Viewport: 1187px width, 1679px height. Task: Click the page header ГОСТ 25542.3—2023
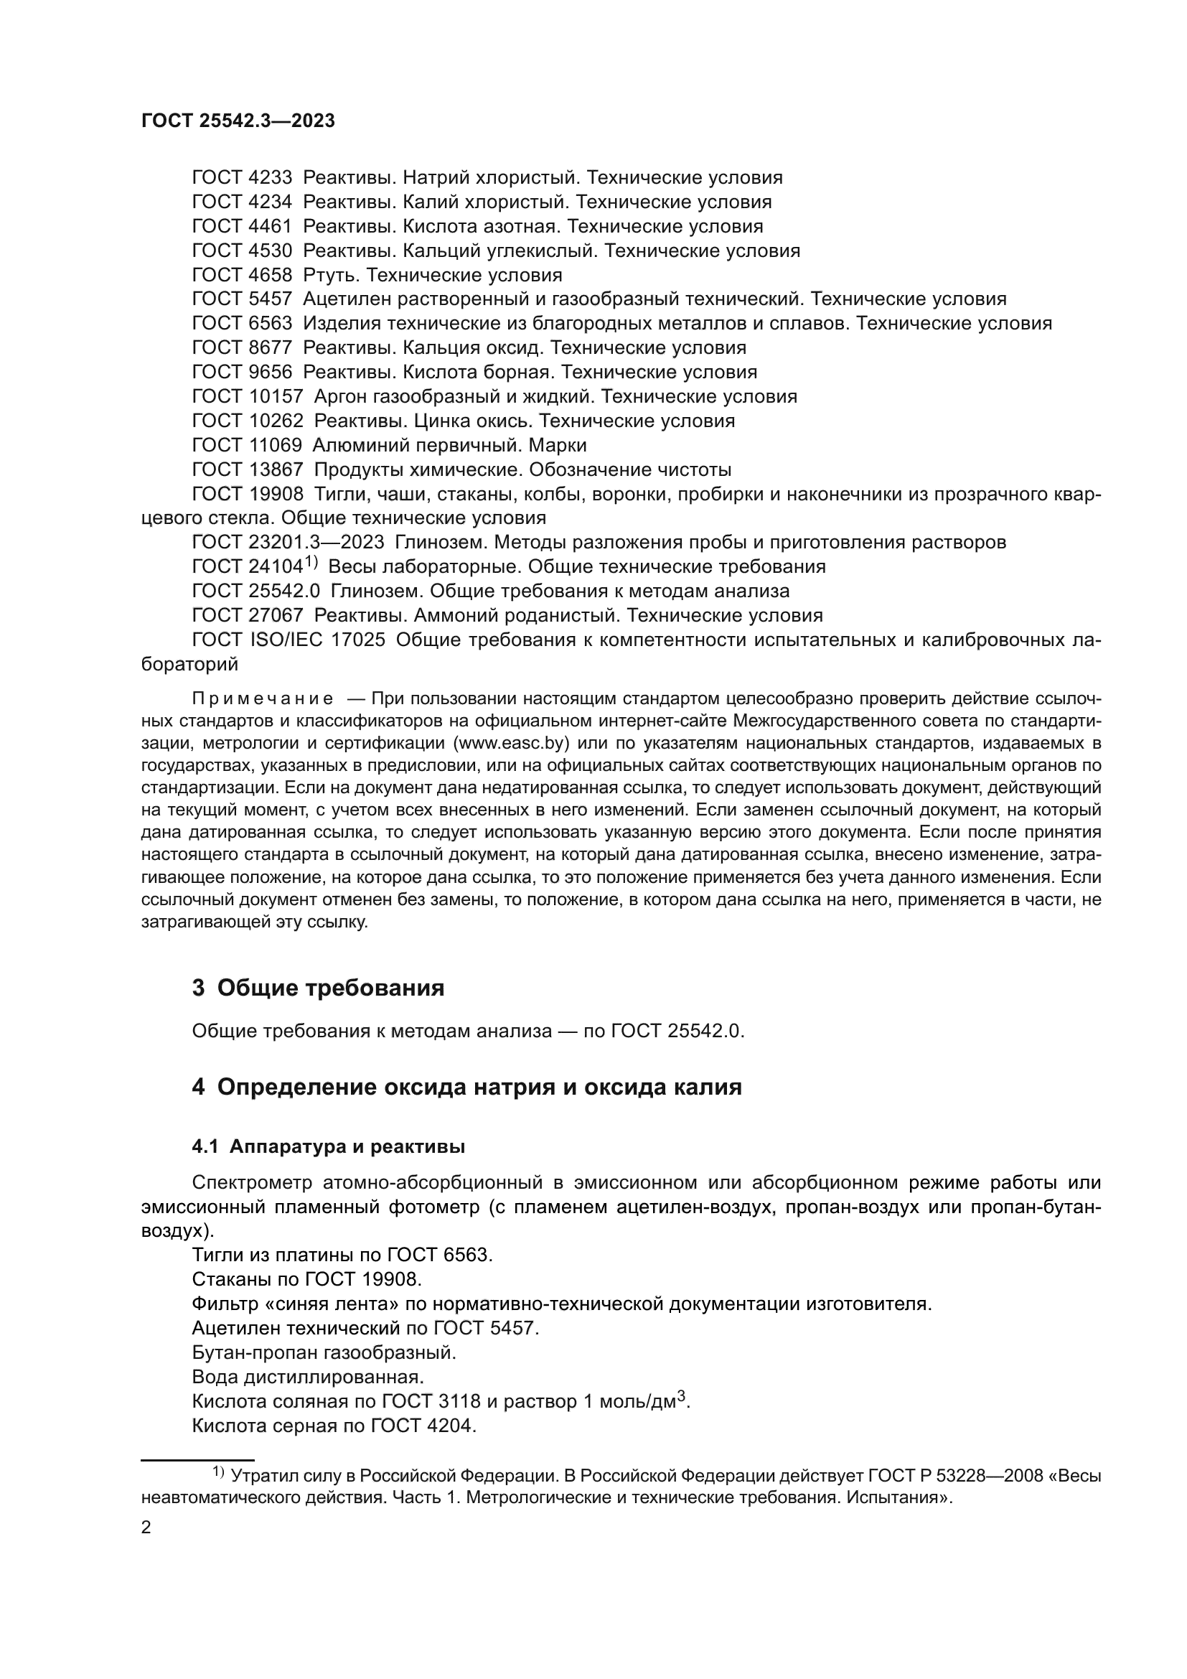pos(238,121)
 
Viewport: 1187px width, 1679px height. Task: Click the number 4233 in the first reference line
pos(270,178)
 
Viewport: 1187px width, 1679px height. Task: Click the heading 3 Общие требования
pos(318,988)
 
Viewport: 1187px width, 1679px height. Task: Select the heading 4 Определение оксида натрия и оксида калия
pos(466,1087)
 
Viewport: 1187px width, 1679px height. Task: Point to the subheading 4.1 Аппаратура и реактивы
pos(328,1147)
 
